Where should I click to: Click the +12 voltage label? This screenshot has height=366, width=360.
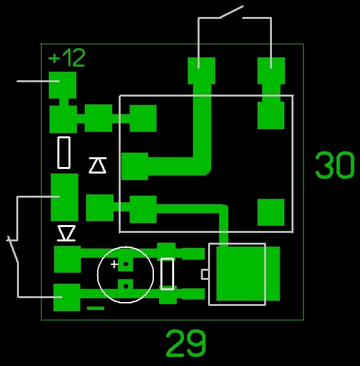click(x=67, y=57)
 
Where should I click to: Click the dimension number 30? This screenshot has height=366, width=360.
click(x=335, y=165)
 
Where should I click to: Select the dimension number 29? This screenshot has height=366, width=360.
click(x=186, y=343)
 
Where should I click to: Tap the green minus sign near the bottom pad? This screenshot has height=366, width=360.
click(x=95, y=308)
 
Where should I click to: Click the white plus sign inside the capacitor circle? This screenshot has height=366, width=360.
click(x=114, y=264)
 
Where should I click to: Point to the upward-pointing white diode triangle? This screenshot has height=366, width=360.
click(x=98, y=165)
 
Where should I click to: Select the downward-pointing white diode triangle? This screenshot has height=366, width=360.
click(x=67, y=233)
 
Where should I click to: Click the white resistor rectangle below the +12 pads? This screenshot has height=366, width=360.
click(x=64, y=153)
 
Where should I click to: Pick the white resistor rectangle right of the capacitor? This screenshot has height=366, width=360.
click(x=168, y=274)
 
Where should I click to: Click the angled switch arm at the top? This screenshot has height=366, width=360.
click(x=232, y=12)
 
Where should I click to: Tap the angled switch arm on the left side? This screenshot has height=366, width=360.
click(x=12, y=249)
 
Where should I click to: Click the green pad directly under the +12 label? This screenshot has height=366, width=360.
click(x=63, y=85)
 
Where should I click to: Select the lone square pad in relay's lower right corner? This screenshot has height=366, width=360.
click(x=271, y=212)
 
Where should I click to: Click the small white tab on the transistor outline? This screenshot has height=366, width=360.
click(x=205, y=274)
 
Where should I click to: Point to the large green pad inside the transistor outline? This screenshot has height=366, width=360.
click(x=248, y=273)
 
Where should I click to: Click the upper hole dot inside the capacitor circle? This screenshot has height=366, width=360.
click(x=126, y=264)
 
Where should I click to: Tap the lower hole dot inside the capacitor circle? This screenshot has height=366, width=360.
click(x=126, y=286)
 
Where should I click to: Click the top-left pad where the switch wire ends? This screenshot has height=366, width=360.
click(x=202, y=70)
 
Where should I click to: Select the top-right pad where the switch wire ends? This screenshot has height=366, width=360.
click(x=271, y=70)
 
